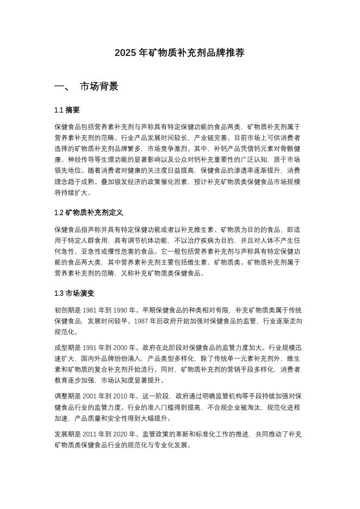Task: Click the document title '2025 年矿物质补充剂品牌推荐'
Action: (179, 53)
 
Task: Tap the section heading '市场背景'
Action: (99, 86)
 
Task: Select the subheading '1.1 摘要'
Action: (67, 110)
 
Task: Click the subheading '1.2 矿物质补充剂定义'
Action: (89, 213)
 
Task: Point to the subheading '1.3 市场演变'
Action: (75, 293)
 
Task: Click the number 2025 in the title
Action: (125, 53)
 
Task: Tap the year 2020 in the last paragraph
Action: (123, 434)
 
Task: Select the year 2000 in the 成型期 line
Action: (123, 346)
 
